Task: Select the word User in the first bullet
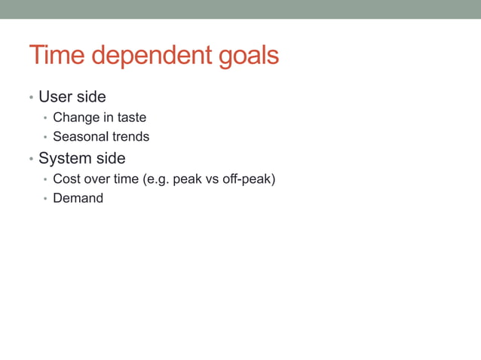click(x=54, y=97)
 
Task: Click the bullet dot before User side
click(x=31, y=98)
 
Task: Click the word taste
click(x=132, y=117)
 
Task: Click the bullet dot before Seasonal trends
click(x=45, y=138)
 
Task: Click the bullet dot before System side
click(x=31, y=160)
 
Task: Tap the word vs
click(x=213, y=180)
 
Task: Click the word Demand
click(x=78, y=199)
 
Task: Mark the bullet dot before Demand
click(x=45, y=200)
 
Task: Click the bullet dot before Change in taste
click(x=45, y=118)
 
